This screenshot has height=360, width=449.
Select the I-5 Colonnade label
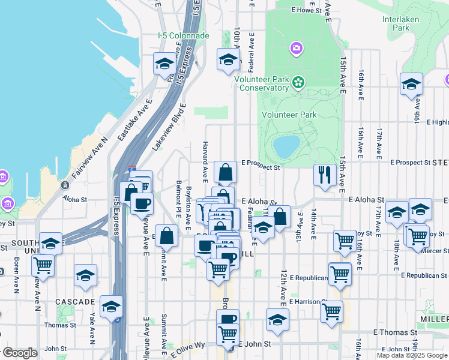pyautogui.click(x=183, y=36)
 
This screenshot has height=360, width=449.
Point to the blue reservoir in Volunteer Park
pyautogui.click(x=286, y=145)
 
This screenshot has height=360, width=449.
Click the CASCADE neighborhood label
pyautogui.click(x=76, y=302)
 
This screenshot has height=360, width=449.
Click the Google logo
pyautogui.click(x=19, y=353)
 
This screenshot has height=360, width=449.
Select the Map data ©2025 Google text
pyautogui.click(x=412, y=355)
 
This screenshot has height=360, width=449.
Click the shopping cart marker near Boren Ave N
pyautogui.click(x=43, y=264)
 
